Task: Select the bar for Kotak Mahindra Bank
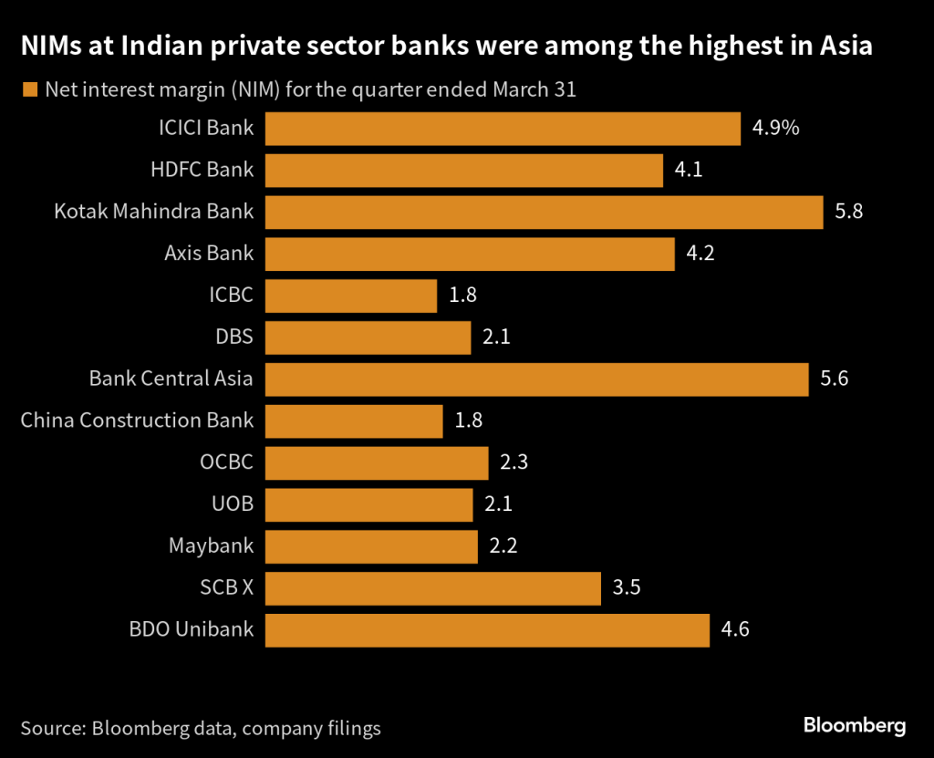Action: tap(544, 212)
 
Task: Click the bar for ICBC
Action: tap(351, 296)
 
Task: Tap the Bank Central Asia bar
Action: tap(536, 379)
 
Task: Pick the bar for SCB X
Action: tap(433, 588)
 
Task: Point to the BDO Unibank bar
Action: tap(487, 629)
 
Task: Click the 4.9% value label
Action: tap(775, 128)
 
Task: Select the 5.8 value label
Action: tap(848, 212)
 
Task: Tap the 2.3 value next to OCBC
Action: tap(514, 462)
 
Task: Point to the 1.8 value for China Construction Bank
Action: tap(468, 421)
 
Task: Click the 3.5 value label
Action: tap(627, 588)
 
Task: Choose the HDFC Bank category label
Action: tap(202, 170)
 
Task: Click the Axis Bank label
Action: tap(209, 254)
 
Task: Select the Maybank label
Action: tap(211, 546)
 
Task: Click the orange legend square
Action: tap(29, 89)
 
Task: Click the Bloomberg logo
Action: tap(854, 726)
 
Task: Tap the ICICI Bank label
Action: tap(205, 128)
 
